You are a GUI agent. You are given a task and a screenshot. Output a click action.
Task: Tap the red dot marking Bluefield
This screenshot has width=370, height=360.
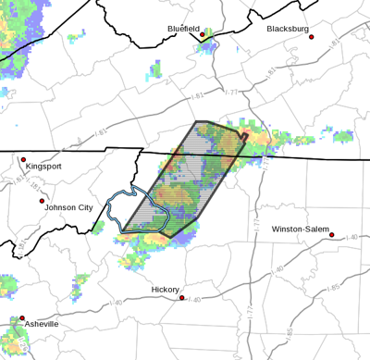tap(203, 35)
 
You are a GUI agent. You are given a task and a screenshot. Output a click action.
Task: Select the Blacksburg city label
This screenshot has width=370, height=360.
tap(288, 29)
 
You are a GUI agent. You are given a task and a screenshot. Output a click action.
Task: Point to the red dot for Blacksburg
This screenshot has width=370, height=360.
tap(312, 37)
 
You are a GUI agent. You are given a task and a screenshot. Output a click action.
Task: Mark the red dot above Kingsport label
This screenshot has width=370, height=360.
tap(24, 159)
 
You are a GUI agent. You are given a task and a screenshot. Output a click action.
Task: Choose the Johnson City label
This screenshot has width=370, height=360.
tap(68, 208)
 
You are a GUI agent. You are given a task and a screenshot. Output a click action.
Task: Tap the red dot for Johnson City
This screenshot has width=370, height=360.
tap(42, 200)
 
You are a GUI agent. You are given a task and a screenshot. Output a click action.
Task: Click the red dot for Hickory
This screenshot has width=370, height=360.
tap(180, 298)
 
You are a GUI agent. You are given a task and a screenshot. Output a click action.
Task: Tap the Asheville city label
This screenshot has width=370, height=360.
tap(41, 325)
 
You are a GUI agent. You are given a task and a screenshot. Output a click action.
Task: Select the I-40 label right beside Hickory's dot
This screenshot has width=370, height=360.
tap(192, 299)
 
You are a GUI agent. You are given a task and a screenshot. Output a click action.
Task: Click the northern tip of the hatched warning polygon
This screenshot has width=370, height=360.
tap(196, 121)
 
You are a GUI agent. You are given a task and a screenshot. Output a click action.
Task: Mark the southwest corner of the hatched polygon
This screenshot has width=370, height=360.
tap(123, 231)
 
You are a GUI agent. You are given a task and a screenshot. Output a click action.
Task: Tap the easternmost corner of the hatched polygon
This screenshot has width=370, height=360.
tap(249, 138)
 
